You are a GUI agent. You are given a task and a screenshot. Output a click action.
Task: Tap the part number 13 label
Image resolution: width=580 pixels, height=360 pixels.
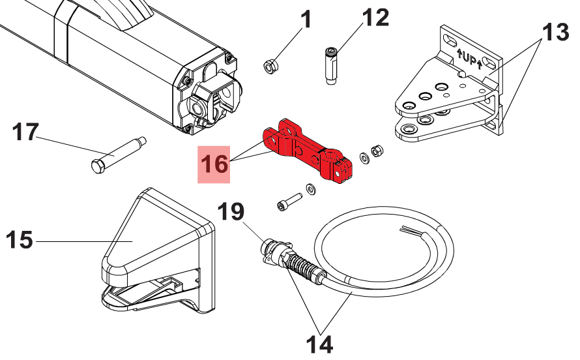[x=556, y=32]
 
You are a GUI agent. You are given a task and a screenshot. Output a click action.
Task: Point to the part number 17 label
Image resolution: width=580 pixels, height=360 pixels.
[x=27, y=132]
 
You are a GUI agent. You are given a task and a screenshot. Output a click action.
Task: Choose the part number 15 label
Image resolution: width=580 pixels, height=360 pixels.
[x=20, y=241]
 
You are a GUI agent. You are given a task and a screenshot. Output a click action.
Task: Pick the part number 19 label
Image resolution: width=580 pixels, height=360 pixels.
[x=230, y=211]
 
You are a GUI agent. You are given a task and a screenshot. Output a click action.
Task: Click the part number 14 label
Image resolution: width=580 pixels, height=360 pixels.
[x=321, y=343]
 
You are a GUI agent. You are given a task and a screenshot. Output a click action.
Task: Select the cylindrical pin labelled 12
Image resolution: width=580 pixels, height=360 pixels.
[x=331, y=65]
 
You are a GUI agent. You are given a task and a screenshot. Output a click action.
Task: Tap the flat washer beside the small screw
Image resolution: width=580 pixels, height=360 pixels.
[x=311, y=189]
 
